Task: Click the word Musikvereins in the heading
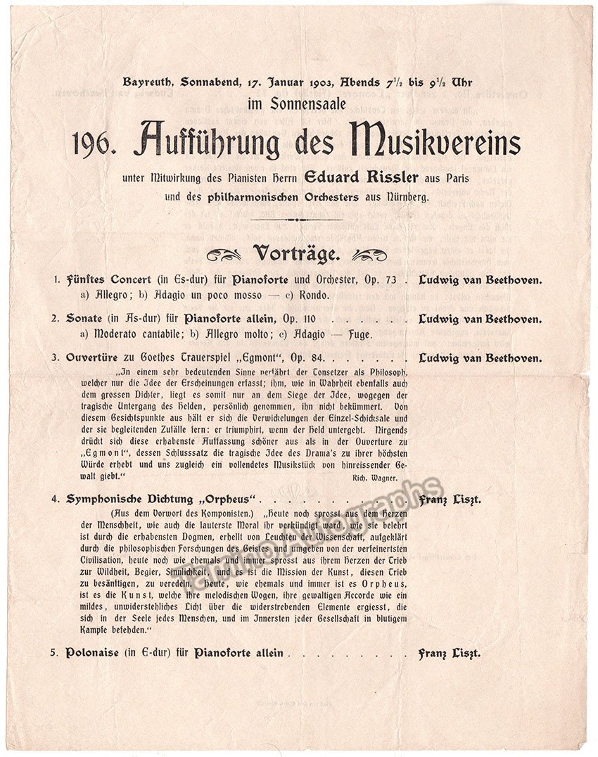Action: (439, 141)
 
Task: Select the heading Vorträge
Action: (298, 253)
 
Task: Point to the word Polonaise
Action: (95, 653)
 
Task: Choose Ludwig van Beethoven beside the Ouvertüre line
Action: (480, 358)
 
